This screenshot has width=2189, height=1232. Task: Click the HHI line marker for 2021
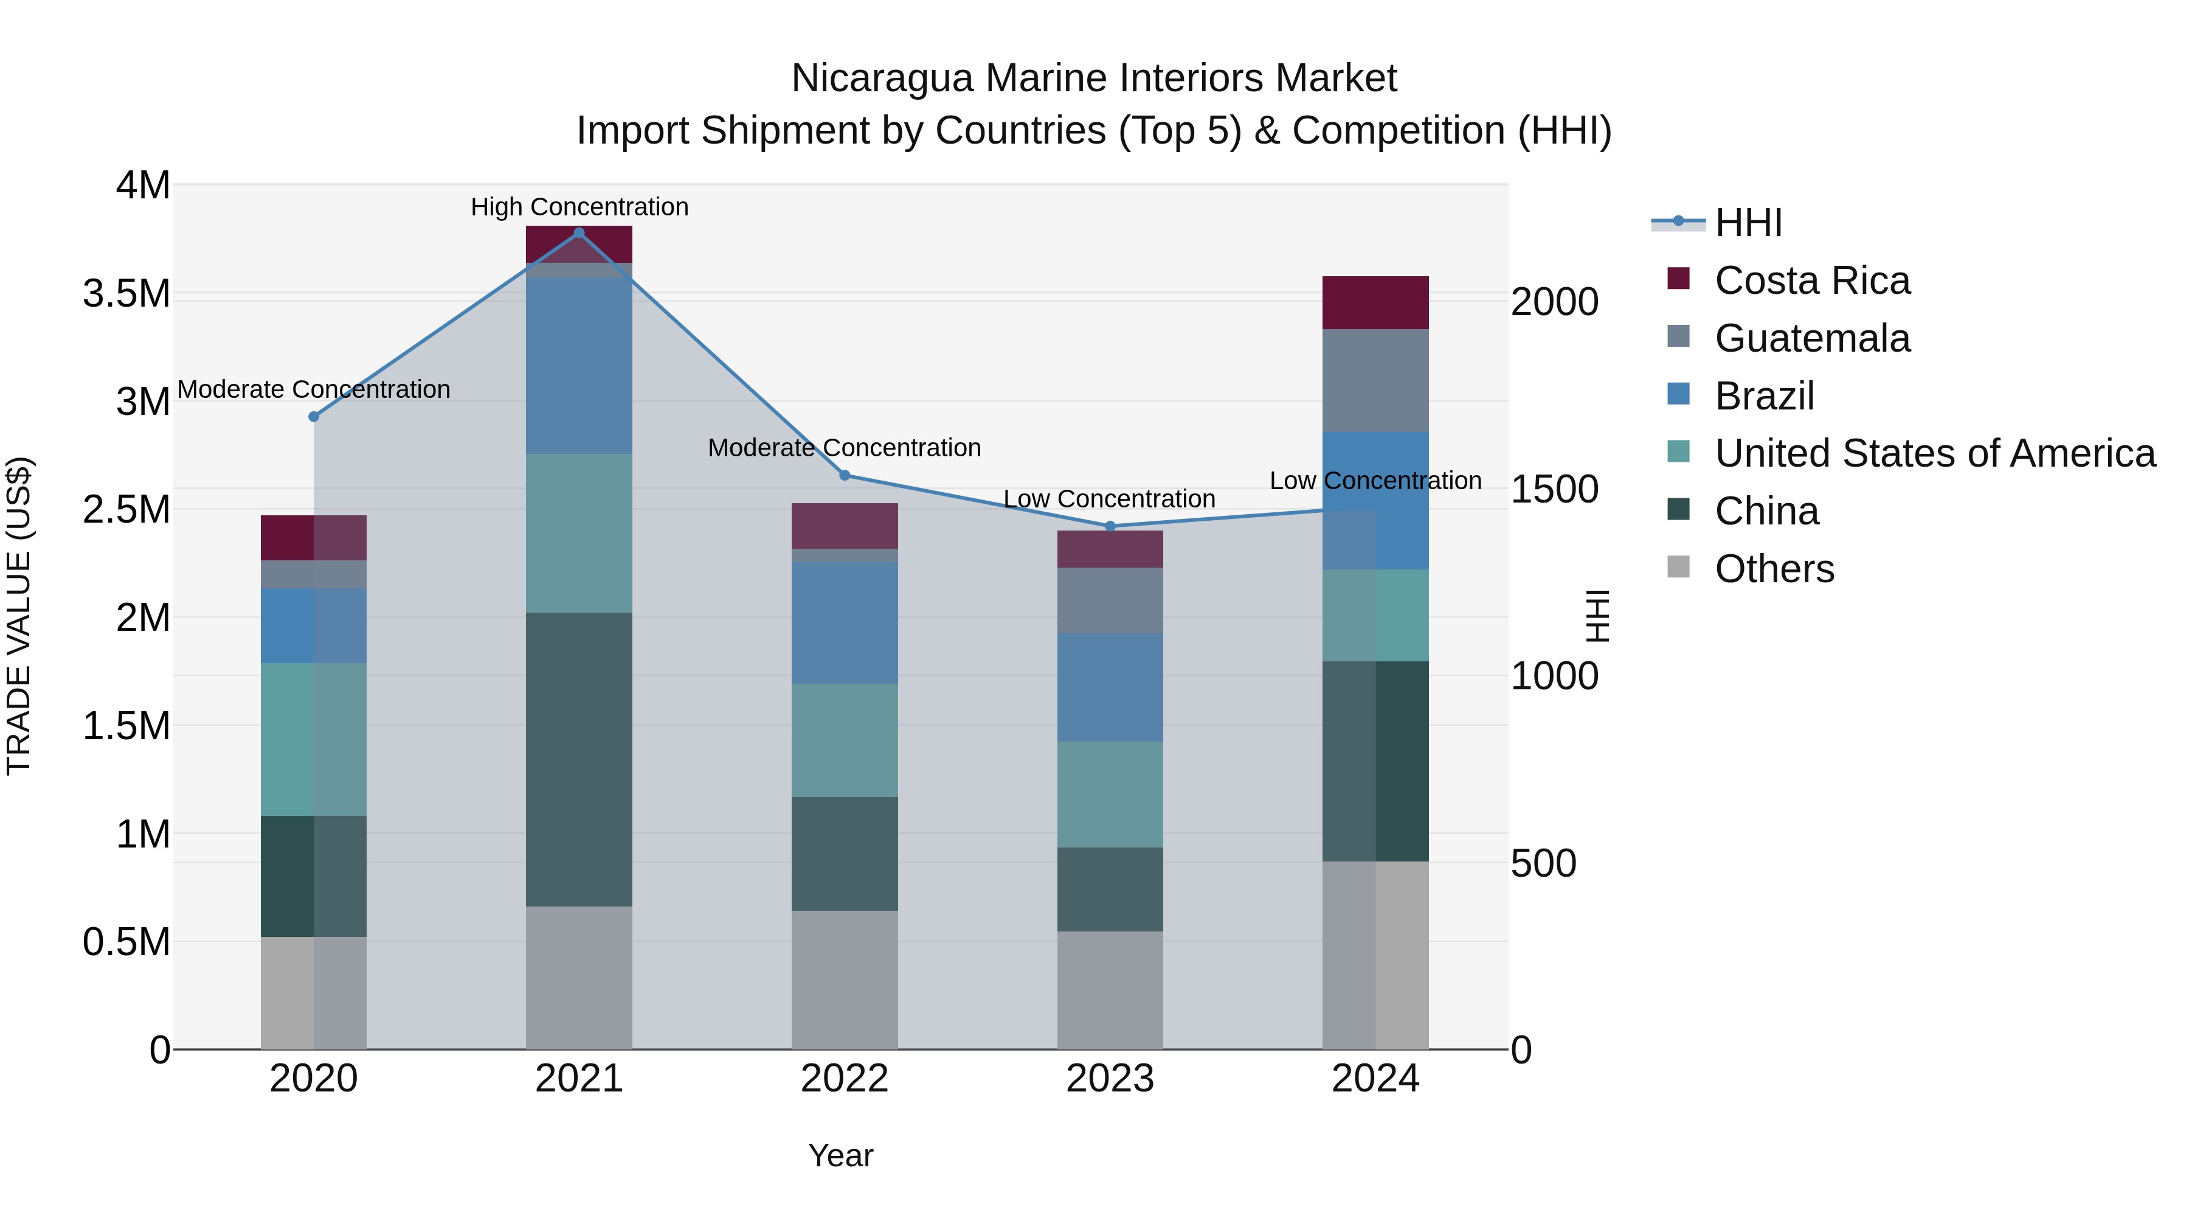click(x=579, y=233)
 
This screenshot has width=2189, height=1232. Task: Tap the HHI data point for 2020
click(x=314, y=417)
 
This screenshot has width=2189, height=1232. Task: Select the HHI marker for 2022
click(x=845, y=475)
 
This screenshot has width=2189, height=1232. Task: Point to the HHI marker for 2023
click(x=1110, y=526)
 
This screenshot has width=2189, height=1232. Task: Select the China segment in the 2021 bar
click(x=579, y=759)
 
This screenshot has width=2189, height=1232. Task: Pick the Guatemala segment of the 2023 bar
click(x=1110, y=600)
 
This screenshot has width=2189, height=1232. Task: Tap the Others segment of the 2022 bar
click(x=845, y=980)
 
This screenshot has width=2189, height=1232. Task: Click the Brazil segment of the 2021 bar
click(x=579, y=366)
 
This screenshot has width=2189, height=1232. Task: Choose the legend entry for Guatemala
click(x=1812, y=338)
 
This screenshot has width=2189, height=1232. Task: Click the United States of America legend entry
click(x=1934, y=453)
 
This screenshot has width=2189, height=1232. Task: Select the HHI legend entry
click(x=1747, y=223)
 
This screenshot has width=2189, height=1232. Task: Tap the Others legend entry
click(x=1774, y=569)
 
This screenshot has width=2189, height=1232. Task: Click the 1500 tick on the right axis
click(x=1554, y=490)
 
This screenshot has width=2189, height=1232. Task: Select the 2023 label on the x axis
click(x=1110, y=1079)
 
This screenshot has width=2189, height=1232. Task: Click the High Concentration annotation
click(x=579, y=207)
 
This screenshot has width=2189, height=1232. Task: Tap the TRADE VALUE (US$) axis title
click(x=19, y=616)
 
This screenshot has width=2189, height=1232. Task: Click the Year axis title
click(x=840, y=1155)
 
